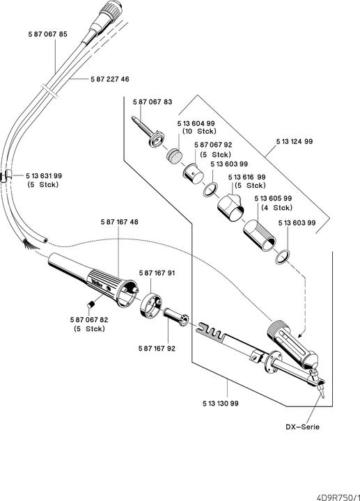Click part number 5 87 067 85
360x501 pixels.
48,34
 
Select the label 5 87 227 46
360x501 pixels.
110,79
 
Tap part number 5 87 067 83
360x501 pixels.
152,102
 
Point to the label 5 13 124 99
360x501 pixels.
295,141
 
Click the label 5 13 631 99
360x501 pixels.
44,176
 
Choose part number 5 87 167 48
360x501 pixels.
120,222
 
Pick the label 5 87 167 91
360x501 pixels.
157,273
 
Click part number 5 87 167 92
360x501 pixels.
157,349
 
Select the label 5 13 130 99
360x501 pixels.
221,404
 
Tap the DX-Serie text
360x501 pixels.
302,427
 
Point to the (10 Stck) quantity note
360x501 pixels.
200,132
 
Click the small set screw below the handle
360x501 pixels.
91,305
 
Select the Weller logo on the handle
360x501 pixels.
97,283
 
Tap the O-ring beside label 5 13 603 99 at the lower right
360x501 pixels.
283,257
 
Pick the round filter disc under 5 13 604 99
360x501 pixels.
174,155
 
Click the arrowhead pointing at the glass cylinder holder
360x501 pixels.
299,335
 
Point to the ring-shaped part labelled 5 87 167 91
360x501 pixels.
151,306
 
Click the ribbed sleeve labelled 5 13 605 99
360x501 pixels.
260,235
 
